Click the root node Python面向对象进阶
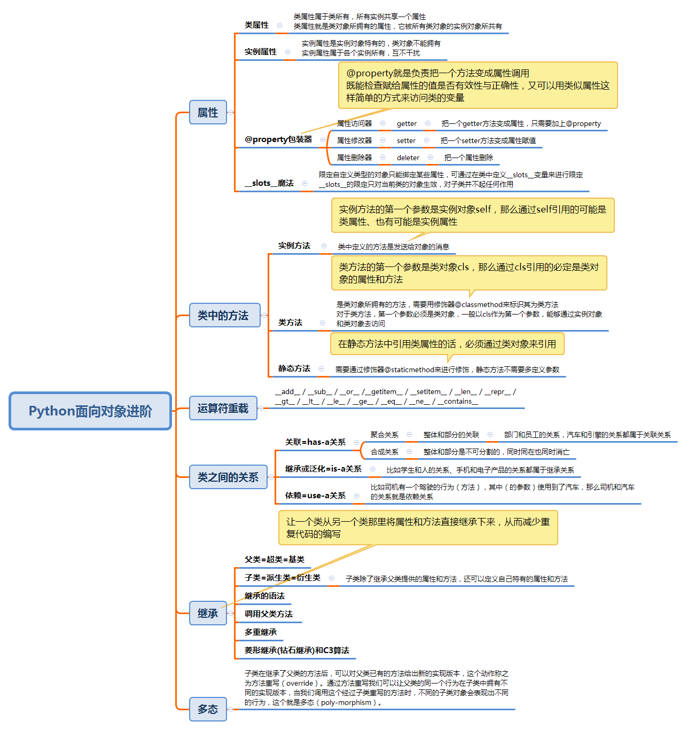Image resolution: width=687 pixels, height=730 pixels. coord(90,411)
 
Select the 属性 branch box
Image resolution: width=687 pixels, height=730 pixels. coord(208,112)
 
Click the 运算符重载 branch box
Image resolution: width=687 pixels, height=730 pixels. coord(223,408)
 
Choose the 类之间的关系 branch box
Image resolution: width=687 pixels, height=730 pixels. coord(228,477)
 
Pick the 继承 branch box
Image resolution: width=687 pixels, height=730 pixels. coord(208,613)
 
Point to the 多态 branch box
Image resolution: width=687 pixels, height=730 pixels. coord(208,709)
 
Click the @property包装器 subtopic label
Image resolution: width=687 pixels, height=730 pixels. coord(278,139)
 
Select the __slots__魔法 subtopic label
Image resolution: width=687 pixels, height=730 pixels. coord(269,183)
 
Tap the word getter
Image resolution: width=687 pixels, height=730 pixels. coord(407,123)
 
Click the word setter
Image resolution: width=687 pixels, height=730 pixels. coord(406,140)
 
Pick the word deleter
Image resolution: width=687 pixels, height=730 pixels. coord(408,158)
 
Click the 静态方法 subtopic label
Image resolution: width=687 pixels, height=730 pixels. coord(294,368)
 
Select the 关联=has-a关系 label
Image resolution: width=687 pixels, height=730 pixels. coord(315,442)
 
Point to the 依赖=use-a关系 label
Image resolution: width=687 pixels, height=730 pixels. coord(315,496)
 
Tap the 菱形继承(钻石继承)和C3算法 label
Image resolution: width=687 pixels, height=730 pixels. coord(296,650)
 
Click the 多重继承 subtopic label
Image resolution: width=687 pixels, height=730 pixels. coord(261,632)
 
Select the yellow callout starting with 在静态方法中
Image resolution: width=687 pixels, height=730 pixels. coord(447,344)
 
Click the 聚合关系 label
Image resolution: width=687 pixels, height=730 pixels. coord(385,435)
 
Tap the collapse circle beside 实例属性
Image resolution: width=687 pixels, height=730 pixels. coord(288,52)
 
